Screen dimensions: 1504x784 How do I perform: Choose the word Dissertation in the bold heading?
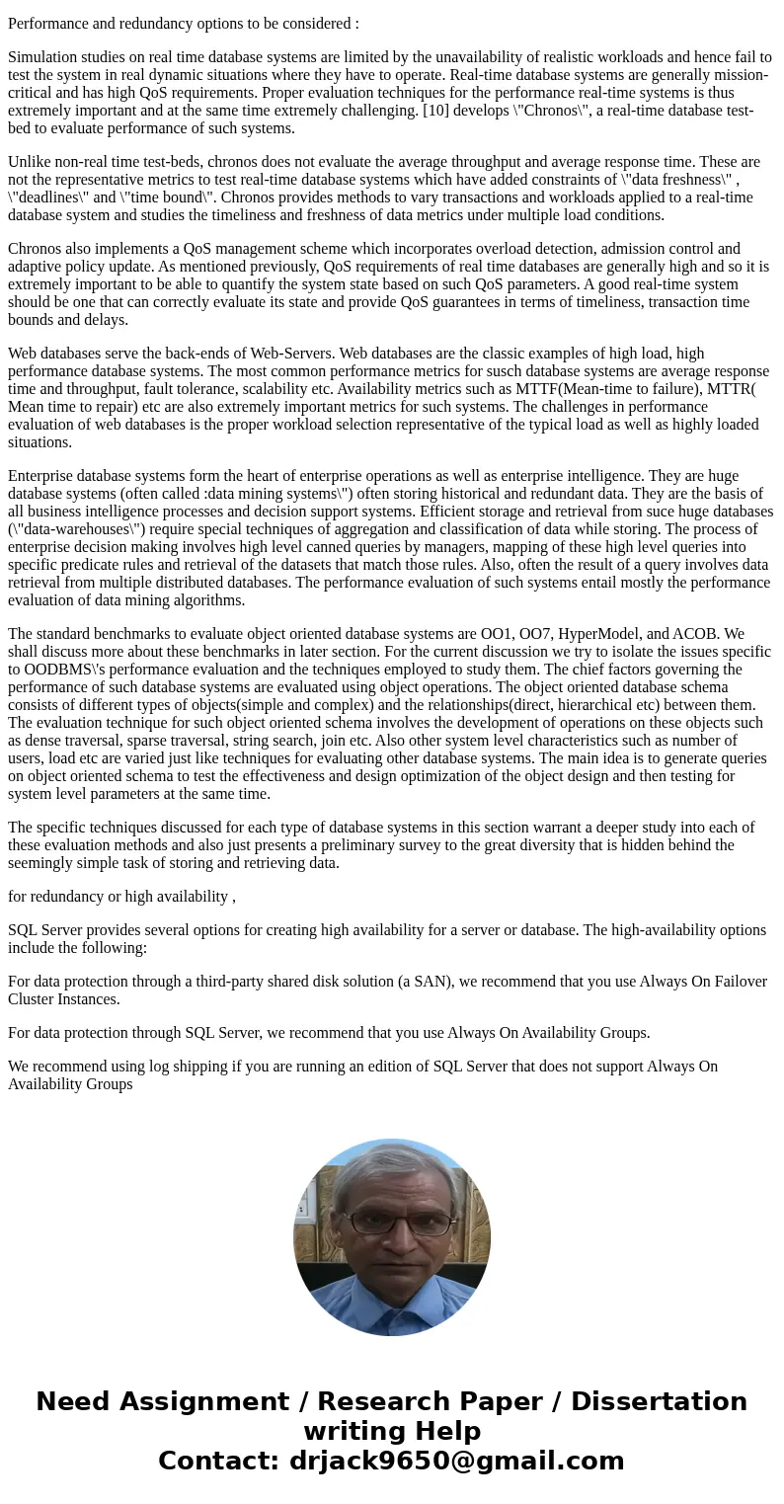point(659,1402)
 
